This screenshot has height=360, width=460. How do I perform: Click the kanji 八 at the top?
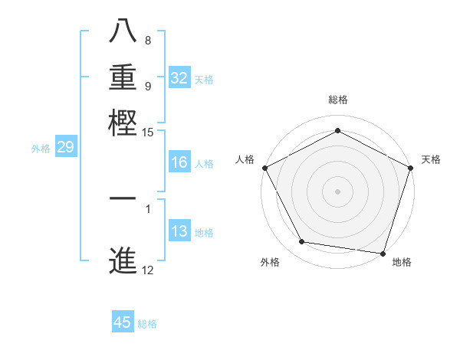click(123, 31)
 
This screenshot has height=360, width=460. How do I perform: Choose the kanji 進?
click(123, 260)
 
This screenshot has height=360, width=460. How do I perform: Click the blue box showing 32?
click(179, 78)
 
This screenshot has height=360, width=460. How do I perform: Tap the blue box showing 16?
click(179, 162)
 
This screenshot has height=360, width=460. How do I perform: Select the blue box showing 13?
click(179, 232)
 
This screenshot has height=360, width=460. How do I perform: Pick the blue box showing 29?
click(65, 148)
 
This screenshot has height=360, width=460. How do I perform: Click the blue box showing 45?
click(123, 322)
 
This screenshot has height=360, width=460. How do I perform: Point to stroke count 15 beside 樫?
click(148, 133)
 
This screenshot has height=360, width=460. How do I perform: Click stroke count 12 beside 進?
click(148, 270)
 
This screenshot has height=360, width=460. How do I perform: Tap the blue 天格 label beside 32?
click(203, 79)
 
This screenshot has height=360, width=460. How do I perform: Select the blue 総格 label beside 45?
click(147, 324)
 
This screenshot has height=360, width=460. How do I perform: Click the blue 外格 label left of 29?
click(40, 149)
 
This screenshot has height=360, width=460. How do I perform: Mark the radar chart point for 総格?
click(337, 130)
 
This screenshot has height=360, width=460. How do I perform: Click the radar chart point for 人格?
click(264, 168)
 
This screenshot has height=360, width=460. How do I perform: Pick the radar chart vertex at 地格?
click(383, 253)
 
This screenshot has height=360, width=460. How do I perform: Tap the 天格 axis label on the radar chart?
click(431, 159)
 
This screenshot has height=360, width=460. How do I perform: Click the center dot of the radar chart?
click(337, 191)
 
